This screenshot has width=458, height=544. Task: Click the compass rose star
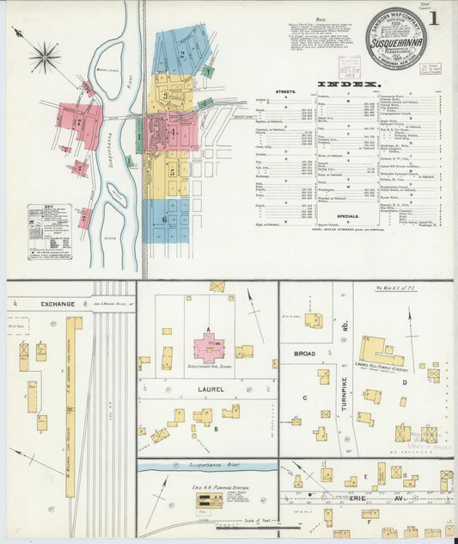click(x=44, y=58)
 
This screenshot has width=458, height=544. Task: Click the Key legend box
click(x=50, y=231)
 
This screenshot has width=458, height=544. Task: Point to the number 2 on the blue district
click(x=182, y=54)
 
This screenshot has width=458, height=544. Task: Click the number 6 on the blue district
click(x=164, y=219)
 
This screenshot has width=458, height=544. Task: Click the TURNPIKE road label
click(x=342, y=399)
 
